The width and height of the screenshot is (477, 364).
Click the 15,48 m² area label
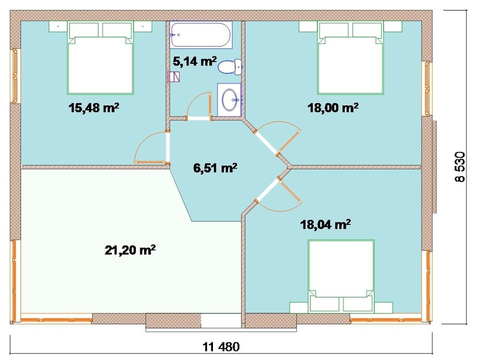point(93,108)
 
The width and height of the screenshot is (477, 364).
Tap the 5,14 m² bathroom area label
point(195,61)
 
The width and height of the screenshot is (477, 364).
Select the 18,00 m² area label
point(333,107)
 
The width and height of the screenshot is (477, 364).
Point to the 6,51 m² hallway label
point(215,167)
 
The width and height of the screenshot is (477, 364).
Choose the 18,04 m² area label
point(326,224)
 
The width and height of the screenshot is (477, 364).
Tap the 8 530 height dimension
point(460,167)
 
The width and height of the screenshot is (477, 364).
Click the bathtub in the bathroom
point(201,35)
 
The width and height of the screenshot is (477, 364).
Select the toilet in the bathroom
point(230,67)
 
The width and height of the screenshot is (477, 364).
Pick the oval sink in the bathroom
point(229,100)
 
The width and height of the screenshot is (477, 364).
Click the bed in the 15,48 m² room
point(100,58)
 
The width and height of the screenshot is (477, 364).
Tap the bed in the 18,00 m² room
point(350,58)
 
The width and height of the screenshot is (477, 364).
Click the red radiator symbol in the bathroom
point(174,77)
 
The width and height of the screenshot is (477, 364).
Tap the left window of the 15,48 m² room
point(14,76)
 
